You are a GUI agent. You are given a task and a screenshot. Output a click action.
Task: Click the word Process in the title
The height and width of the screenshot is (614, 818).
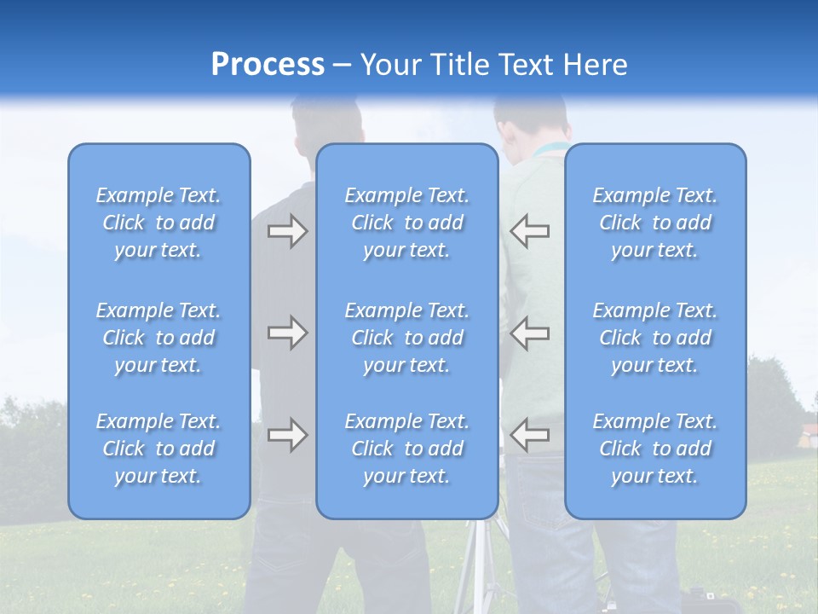268,65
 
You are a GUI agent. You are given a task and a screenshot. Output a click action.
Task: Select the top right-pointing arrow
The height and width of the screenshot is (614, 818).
288,231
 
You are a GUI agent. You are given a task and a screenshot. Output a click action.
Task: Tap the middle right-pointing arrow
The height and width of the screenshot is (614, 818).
288,333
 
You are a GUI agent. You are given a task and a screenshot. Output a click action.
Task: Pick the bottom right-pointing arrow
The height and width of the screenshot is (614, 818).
288,435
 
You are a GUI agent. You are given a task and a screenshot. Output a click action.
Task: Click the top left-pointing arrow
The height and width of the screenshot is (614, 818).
529,231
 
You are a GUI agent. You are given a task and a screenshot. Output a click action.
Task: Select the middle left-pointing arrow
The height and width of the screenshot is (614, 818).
529,333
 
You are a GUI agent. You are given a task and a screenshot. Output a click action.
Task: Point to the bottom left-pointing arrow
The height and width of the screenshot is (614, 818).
529,435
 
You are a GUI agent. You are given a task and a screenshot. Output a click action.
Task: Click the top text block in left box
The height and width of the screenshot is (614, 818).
158,223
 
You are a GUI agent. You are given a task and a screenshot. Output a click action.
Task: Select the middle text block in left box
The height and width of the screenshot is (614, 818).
158,338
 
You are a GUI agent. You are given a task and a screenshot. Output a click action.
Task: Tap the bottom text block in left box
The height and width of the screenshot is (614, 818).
158,449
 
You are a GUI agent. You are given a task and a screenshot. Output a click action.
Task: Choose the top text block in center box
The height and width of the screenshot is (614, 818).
407,223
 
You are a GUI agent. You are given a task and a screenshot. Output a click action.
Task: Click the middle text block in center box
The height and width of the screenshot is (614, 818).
407,338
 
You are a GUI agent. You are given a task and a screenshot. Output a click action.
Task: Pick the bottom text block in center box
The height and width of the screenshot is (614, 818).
407,449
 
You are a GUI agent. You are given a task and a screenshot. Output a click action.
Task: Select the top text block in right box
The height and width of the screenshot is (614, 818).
655,223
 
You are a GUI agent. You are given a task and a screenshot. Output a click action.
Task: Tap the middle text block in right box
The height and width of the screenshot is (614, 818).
655,338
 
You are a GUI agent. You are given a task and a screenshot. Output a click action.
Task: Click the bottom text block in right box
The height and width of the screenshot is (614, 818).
655,449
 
